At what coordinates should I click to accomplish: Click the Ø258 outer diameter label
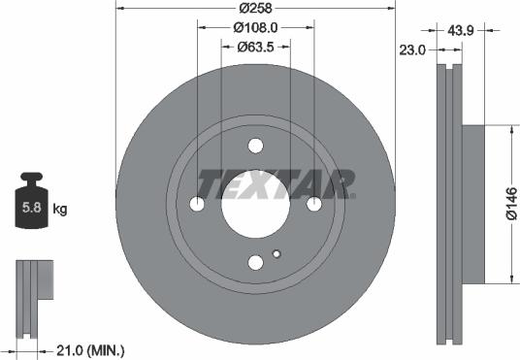pyautogui.click(x=256, y=8)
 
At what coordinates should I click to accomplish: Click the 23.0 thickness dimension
pyautogui.click(x=414, y=49)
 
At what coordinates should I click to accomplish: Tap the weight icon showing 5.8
pyautogui.click(x=32, y=205)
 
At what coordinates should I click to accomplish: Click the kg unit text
pyautogui.click(x=60, y=209)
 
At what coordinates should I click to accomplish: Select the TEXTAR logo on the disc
pyautogui.click(x=276, y=182)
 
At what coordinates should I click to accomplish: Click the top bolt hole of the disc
pyautogui.click(x=256, y=147)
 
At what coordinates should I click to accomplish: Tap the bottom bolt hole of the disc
pyautogui.click(x=256, y=263)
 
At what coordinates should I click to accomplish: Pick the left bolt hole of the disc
pyautogui.click(x=198, y=205)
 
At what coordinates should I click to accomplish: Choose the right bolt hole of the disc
pyautogui.click(x=314, y=205)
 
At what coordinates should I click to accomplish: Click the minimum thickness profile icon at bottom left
pyautogui.click(x=33, y=288)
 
